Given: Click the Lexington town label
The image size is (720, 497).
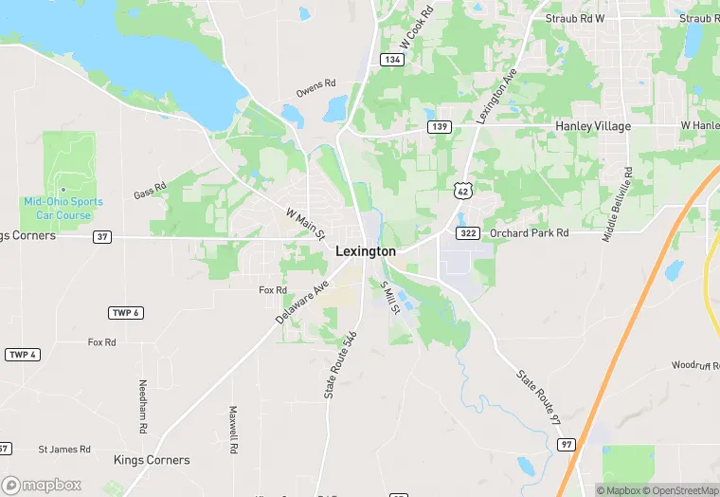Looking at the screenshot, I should pyautogui.click(x=366, y=251).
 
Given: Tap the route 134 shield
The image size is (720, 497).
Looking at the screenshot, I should pyautogui.click(x=391, y=60).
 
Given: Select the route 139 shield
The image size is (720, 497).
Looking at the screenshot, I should pyautogui.click(x=438, y=126).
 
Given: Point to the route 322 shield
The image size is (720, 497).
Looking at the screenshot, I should pyautogui.click(x=468, y=232).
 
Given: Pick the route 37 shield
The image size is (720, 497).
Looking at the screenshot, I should pyautogui.click(x=102, y=236).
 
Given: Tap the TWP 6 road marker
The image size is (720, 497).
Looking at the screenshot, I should pyautogui.click(x=126, y=313).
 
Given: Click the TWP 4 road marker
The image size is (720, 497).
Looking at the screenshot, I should pyautogui.click(x=23, y=355).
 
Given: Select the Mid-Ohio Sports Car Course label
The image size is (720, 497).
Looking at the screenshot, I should pyautogui.click(x=63, y=209).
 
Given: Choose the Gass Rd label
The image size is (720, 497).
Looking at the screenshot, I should pyautogui.click(x=150, y=191).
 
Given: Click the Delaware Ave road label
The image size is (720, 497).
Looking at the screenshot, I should pyautogui.click(x=302, y=303).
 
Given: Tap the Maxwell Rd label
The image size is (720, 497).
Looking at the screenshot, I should pyautogui.click(x=232, y=429).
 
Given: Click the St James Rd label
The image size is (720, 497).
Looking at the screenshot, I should pyautogui.click(x=64, y=449).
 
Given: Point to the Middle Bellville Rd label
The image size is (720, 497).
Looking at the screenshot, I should pyautogui.click(x=618, y=204).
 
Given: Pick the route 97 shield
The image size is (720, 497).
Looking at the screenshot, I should pyautogui.click(x=566, y=444).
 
